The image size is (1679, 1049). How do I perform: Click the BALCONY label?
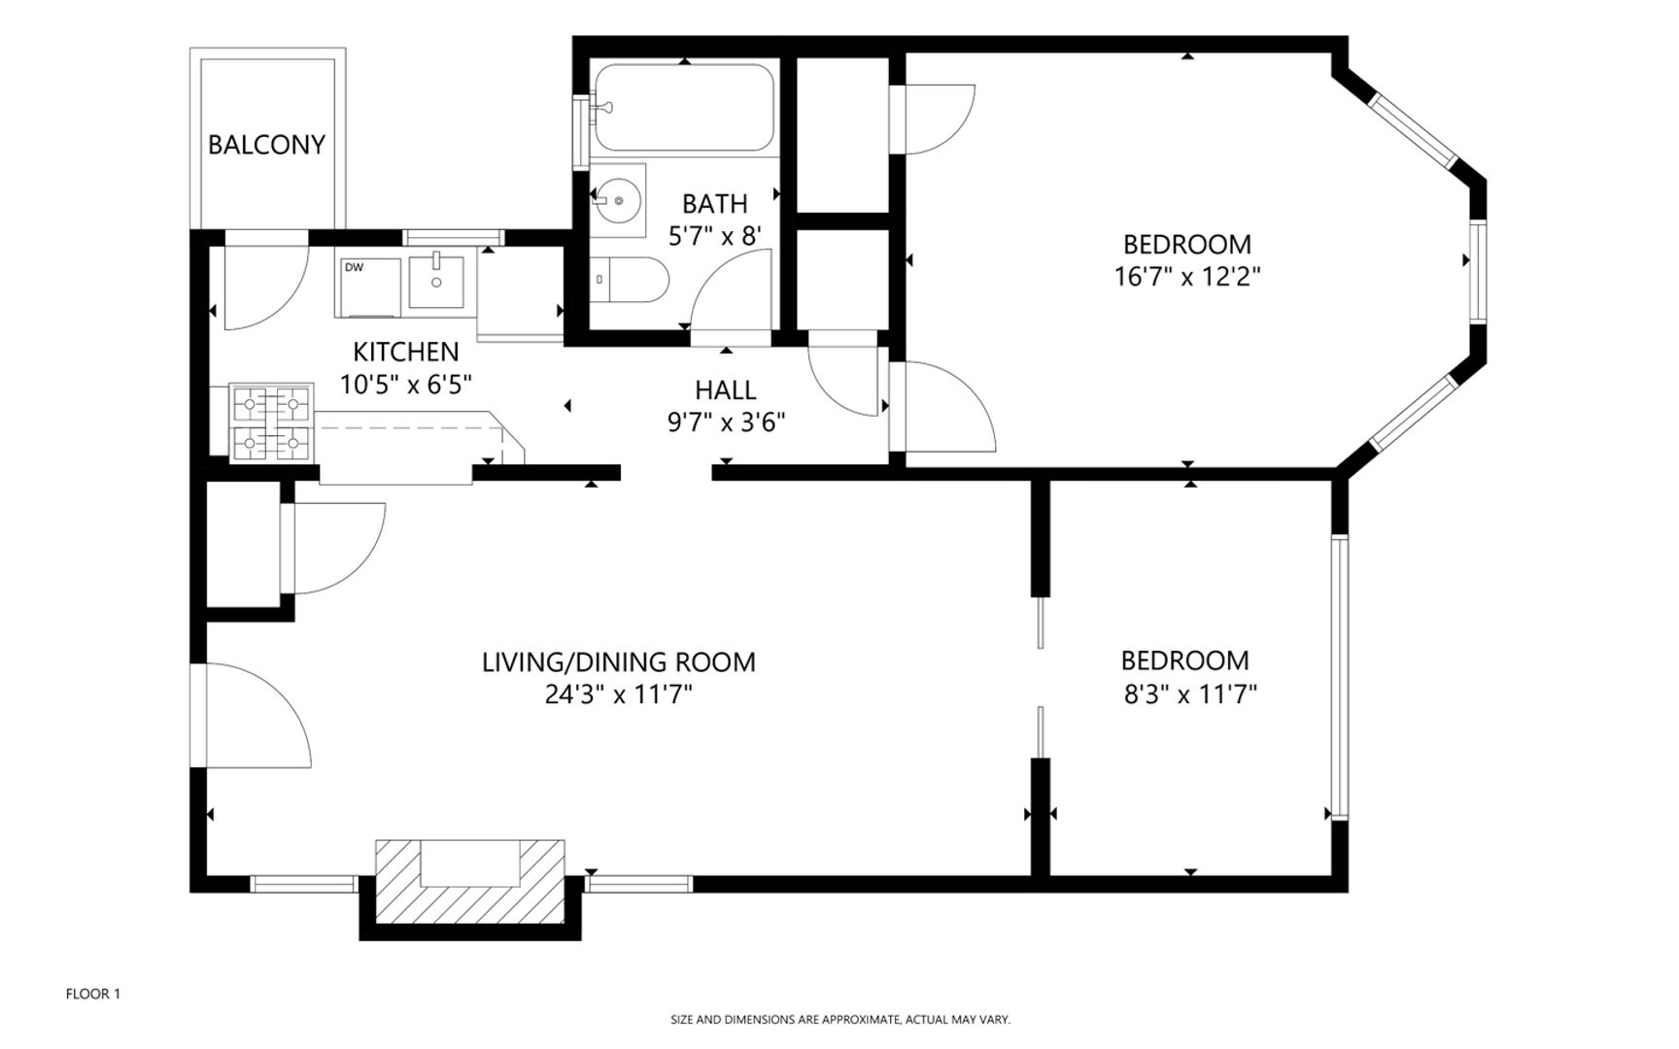266,145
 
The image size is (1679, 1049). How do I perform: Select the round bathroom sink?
618,200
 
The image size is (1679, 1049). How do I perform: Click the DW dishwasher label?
354,267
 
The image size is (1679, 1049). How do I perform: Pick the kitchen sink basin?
436,281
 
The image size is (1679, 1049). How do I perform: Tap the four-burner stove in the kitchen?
270,423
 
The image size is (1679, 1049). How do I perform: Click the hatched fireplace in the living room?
470,882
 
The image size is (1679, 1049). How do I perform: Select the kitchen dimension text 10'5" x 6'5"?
406,385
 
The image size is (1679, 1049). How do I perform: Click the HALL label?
725,390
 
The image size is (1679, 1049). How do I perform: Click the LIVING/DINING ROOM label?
619,662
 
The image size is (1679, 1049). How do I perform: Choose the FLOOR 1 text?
93,994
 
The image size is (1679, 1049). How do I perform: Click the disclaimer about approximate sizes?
840,1020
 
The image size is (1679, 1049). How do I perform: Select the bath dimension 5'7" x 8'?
714,235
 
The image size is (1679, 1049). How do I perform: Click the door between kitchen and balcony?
266,282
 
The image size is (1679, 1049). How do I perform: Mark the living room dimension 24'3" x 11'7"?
619,695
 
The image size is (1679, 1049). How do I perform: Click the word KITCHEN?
406,352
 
